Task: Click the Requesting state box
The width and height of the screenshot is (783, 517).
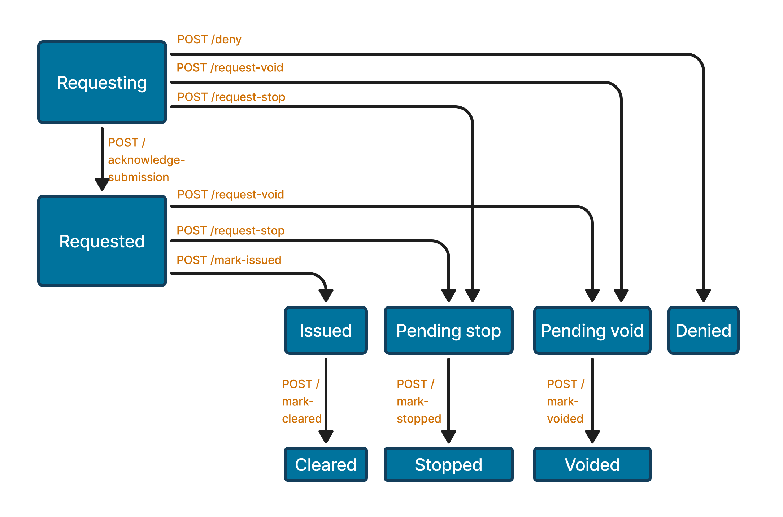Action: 102,82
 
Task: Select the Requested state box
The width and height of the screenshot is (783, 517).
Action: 102,241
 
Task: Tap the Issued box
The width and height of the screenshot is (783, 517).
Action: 326,330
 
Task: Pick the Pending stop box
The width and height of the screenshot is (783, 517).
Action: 448,330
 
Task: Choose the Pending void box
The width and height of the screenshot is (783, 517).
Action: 592,330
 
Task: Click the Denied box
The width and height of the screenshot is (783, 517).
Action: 703,330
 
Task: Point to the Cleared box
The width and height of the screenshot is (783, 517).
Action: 326,464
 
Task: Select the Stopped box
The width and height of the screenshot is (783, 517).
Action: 448,464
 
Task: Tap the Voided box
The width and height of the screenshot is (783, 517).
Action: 592,464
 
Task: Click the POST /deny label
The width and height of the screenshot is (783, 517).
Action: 209,39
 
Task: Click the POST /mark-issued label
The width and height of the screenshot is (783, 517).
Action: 229,260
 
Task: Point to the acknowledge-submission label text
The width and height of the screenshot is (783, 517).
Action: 146,160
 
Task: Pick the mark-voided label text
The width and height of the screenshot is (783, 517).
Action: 565,402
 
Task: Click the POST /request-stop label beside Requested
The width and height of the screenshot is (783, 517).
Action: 230,230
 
